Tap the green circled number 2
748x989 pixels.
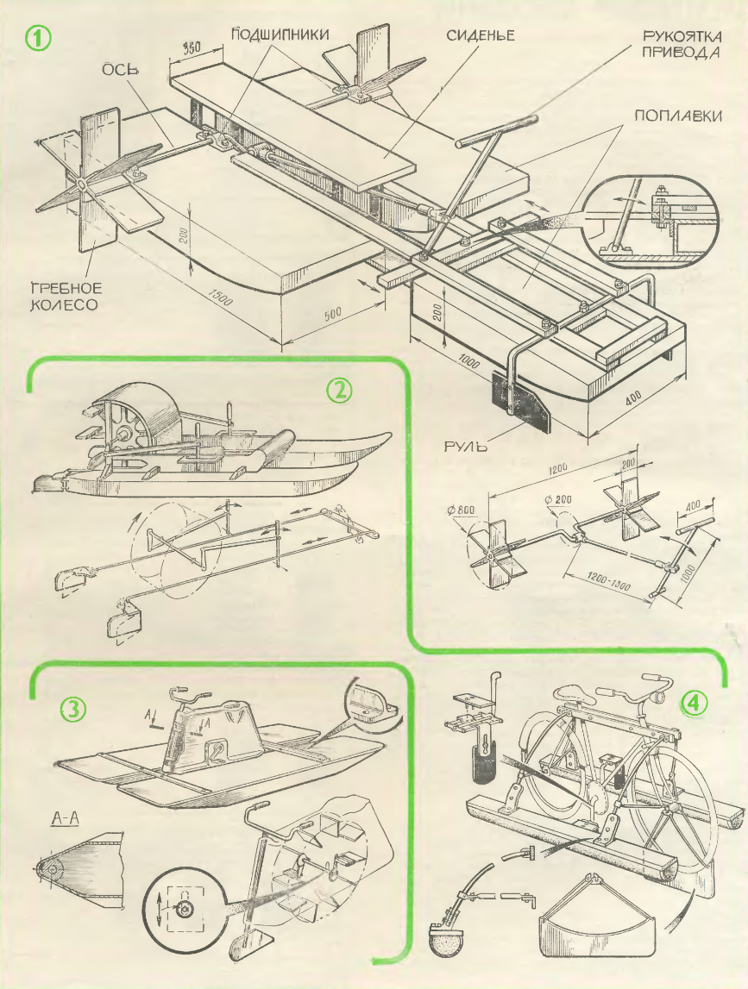339,391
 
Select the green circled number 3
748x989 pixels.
74,710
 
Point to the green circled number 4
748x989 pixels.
695,703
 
